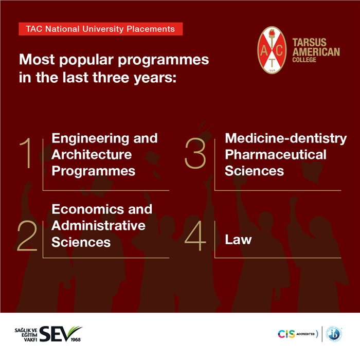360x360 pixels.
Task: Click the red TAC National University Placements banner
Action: [x=101, y=29]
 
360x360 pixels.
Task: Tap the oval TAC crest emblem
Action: [x=272, y=50]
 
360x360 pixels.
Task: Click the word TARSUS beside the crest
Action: [x=309, y=43]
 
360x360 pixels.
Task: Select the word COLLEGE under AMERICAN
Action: [x=304, y=60]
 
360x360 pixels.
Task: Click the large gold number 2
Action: [x=27, y=236]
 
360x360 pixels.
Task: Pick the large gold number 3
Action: [x=195, y=153]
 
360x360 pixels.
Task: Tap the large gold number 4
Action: [x=195, y=236]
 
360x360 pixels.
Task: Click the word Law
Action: [x=238, y=240]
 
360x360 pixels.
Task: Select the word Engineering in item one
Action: [x=91, y=139]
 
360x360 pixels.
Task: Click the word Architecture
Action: [x=92, y=154]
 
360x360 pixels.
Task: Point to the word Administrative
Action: [x=99, y=225]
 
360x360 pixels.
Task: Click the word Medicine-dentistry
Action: [x=286, y=139]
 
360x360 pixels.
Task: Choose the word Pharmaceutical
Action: [x=276, y=154]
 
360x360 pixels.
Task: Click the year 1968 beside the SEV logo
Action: [x=76, y=339]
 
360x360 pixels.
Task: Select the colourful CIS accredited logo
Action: [x=298, y=334]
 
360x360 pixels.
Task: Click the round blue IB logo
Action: [x=334, y=334]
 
